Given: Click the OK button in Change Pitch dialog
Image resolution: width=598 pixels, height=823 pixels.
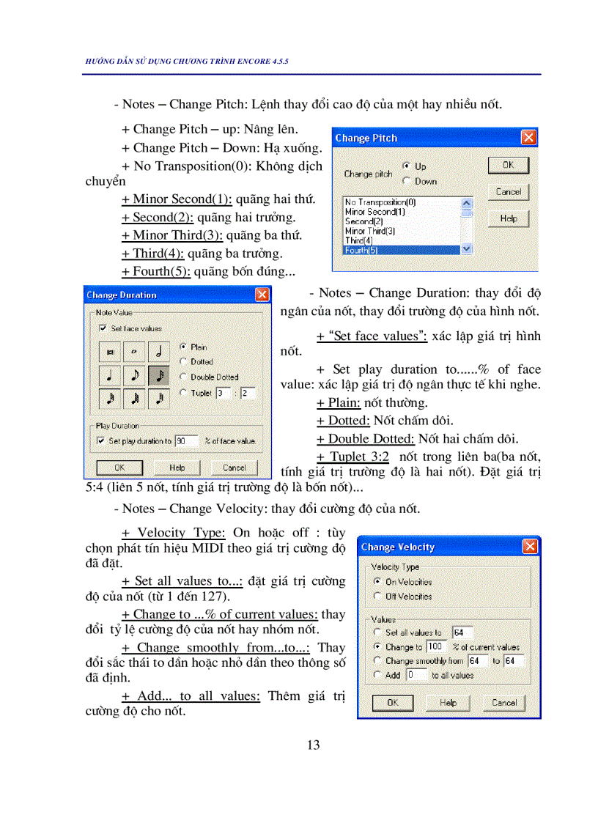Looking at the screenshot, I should [508, 166].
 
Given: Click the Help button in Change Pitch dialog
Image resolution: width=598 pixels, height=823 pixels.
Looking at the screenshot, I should [508, 218].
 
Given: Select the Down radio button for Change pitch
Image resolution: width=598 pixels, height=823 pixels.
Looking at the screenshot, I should [407, 181].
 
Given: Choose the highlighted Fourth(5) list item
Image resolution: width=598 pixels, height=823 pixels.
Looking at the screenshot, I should [401, 250].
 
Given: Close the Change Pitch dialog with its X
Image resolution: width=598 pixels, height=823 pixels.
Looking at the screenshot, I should [528, 138].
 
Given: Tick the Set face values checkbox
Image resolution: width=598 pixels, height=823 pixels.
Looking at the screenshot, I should [103, 329].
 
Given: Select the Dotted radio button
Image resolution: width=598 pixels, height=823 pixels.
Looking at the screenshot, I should [183, 361].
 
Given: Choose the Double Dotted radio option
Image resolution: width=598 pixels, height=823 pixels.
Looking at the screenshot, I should [183, 377].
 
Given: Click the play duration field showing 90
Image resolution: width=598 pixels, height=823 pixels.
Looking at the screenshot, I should [186, 441].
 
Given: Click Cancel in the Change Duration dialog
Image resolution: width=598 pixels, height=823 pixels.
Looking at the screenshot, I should [234, 468].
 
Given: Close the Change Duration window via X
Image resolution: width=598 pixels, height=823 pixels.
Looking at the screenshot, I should [262, 295].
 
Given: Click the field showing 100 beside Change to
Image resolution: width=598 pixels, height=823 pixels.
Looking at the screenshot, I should [435, 647].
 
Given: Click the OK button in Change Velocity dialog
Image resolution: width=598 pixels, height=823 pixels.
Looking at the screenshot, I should [392, 703].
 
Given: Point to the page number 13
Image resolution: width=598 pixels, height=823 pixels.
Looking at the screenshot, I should [313, 745].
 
